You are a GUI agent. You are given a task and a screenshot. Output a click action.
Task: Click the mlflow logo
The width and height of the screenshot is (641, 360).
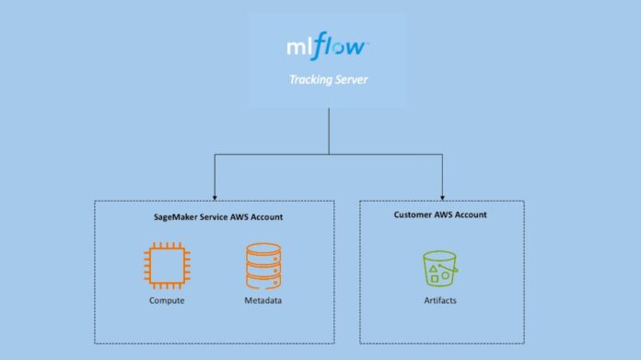[x=329, y=46]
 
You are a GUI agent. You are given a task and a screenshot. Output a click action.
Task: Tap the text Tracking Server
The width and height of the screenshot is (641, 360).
[x=329, y=79]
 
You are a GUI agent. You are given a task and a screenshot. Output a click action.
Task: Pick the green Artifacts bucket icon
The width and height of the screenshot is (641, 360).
[x=440, y=268]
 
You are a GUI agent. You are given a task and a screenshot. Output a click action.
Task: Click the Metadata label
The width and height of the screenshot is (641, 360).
[x=262, y=301]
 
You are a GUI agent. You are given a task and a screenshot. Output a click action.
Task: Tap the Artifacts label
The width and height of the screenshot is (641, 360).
[x=441, y=301]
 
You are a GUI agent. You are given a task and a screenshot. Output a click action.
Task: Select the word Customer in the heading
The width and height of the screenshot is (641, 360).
[x=413, y=215]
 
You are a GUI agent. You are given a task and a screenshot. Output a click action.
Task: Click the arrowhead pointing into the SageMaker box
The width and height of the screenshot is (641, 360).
[x=214, y=196]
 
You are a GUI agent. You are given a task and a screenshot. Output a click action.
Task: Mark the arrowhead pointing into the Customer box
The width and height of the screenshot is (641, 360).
[x=442, y=196]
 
